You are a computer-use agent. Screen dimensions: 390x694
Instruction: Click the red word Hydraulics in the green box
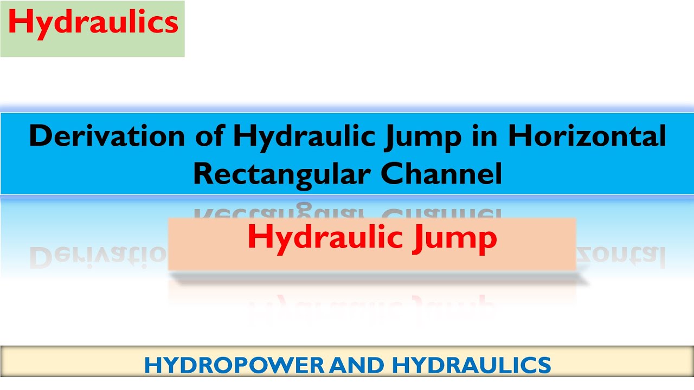point(93,23)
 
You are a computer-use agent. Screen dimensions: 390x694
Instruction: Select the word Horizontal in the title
point(587,136)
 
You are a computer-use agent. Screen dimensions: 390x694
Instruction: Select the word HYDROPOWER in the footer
point(234,365)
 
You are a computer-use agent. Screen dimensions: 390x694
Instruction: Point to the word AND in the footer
point(358,365)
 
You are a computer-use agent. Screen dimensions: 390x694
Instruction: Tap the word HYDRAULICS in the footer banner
point(471,365)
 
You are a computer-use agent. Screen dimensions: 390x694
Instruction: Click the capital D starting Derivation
point(40,136)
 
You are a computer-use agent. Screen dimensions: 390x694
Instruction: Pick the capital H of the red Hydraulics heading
point(19,23)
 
